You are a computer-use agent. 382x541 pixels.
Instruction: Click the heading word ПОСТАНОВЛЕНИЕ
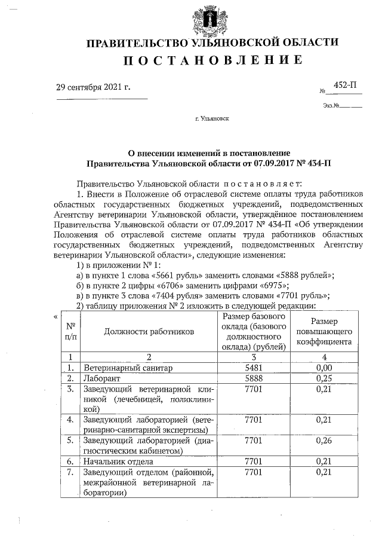[x=212, y=60]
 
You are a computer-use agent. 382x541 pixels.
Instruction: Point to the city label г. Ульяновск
[x=212, y=118]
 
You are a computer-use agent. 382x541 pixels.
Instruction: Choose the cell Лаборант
[x=101, y=378]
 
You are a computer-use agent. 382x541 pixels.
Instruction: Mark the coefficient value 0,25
[x=324, y=378]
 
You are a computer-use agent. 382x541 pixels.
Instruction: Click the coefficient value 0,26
[x=324, y=441]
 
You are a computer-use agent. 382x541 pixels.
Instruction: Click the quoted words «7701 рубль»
[x=302, y=295]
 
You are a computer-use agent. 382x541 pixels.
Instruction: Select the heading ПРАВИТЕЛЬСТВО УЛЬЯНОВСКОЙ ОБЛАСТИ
[x=212, y=42]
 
